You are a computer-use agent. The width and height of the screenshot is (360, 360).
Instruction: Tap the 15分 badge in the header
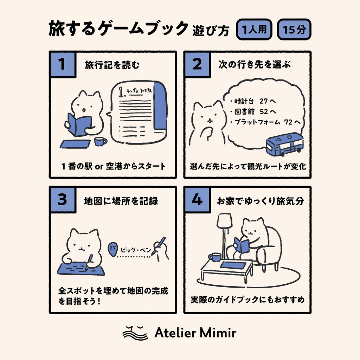[x=294, y=30]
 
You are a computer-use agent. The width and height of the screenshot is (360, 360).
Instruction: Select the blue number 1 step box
[x=63, y=65]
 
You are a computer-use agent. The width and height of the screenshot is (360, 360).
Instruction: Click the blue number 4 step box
[x=197, y=200]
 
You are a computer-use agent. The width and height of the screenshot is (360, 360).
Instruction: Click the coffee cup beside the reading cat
[x=100, y=142]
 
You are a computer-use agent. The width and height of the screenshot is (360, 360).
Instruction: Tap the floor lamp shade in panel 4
[x=224, y=221]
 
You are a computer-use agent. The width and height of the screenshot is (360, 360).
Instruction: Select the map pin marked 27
[x=112, y=248]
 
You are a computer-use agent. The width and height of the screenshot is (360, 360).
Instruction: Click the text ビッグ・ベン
[x=135, y=250]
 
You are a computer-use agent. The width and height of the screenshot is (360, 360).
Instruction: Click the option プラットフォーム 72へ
[x=266, y=122]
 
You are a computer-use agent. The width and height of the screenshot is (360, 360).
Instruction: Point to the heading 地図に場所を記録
[x=121, y=200]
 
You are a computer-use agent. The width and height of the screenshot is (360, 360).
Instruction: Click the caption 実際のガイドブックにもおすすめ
[x=247, y=300]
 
